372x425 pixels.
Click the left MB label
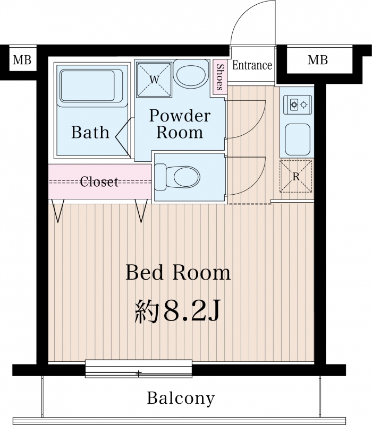pos(22,59)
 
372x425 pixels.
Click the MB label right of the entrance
pos(317,59)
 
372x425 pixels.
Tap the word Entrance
pos(252,65)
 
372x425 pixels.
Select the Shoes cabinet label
pos(220,77)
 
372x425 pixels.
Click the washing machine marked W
pos(154,80)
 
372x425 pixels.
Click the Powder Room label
pos(180,124)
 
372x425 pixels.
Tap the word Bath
pos(90,132)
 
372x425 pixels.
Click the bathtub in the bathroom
pos(91,85)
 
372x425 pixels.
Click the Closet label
pos(99,181)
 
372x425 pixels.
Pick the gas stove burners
pos(298,105)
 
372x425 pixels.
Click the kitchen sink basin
pos(298,140)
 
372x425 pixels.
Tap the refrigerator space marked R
pos(296,177)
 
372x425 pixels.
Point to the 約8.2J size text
pos(177,311)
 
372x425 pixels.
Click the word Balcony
pos(181,398)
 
